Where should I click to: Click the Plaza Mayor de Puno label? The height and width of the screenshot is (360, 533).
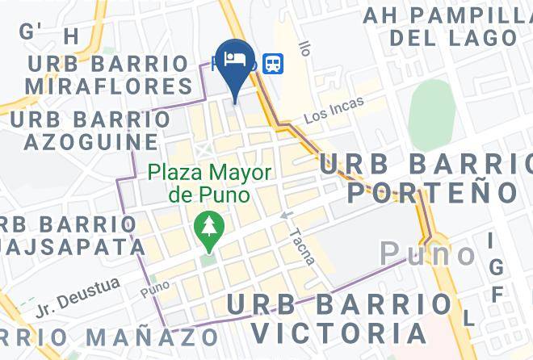tap(208, 183)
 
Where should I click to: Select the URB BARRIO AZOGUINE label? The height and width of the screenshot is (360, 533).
tap(90, 131)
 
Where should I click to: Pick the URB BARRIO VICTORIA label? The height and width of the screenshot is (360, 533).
tap(338, 318)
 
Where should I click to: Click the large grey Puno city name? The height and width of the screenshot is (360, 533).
tap(428, 254)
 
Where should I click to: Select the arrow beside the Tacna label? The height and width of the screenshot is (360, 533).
tap(285, 216)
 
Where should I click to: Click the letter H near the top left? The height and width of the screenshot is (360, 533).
tap(72, 36)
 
